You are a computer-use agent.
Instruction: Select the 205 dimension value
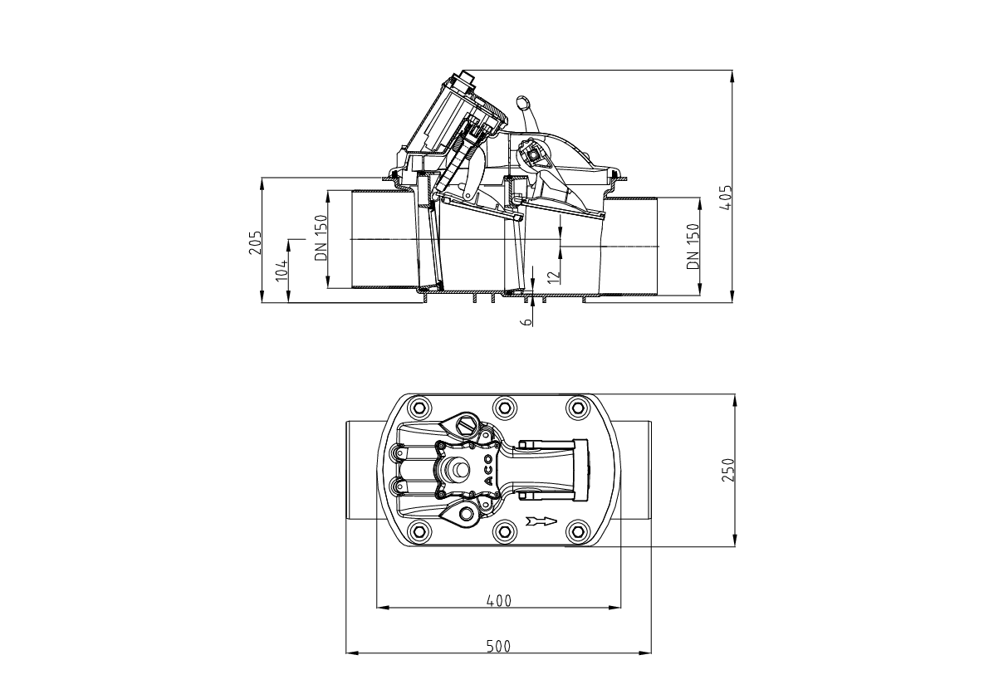tap(256, 242)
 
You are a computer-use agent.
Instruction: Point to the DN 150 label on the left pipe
tap(321, 237)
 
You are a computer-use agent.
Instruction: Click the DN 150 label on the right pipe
tap(693, 246)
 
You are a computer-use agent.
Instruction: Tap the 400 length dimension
tap(498, 600)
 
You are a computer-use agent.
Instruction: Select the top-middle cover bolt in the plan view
tap(502, 407)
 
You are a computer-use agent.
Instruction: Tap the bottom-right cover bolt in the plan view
tap(576, 531)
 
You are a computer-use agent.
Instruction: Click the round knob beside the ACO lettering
tap(456, 469)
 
